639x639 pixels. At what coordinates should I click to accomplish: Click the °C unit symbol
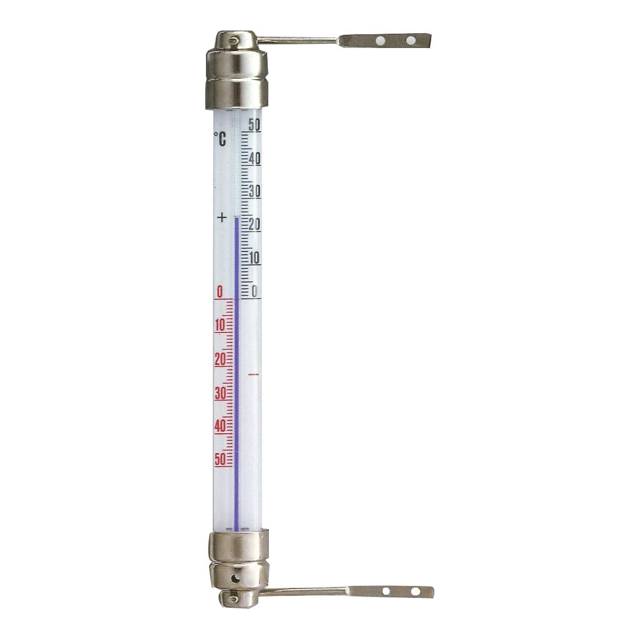[x=220, y=139]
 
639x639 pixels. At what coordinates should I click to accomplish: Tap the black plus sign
[x=222, y=218]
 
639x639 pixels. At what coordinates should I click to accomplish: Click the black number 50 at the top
[x=253, y=125]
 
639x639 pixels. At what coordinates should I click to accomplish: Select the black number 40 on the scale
[x=254, y=159]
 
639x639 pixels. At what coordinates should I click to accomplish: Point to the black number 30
[x=254, y=192]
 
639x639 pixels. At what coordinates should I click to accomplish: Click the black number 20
[x=254, y=225]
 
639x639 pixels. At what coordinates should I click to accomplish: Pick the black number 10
[x=254, y=258]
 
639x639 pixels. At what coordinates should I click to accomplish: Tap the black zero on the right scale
[x=255, y=291]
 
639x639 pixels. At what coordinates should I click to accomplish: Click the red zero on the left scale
[x=220, y=291]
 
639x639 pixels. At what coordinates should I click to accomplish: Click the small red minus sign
[x=253, y=374]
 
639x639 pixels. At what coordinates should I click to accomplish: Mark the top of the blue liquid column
[x=237, y=217]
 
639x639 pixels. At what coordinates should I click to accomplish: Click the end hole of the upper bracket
[x=411, y=41]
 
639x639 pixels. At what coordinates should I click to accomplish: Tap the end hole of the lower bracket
[x=412, y=590]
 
